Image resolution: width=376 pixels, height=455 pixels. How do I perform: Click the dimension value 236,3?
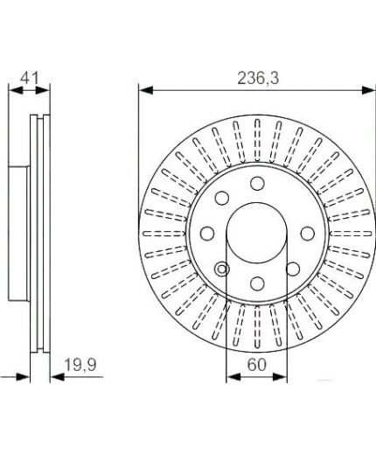(258, 79)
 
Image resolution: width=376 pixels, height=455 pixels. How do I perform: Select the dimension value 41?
(30, 78)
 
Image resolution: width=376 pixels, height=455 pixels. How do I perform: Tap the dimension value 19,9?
(80, 366)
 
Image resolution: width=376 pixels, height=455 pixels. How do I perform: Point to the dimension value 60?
(257, 365)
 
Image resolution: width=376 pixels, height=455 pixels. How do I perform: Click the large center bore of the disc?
(256, 234)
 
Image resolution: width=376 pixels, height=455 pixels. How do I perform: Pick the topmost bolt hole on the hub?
(257, 184)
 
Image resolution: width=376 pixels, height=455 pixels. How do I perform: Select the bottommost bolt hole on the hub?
(257, 283)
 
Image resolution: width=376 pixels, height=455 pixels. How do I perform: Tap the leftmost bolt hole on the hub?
(207, 234)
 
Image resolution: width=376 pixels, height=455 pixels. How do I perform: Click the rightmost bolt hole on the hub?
(308, 234)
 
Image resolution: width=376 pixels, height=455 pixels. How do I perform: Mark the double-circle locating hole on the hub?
(222, 269)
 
